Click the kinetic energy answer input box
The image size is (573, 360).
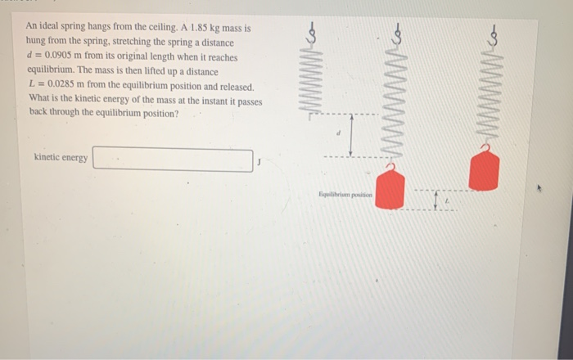172,160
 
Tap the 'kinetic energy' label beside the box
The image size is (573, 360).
61,157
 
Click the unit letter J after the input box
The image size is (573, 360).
259,161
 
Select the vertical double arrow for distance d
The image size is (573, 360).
350,135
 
